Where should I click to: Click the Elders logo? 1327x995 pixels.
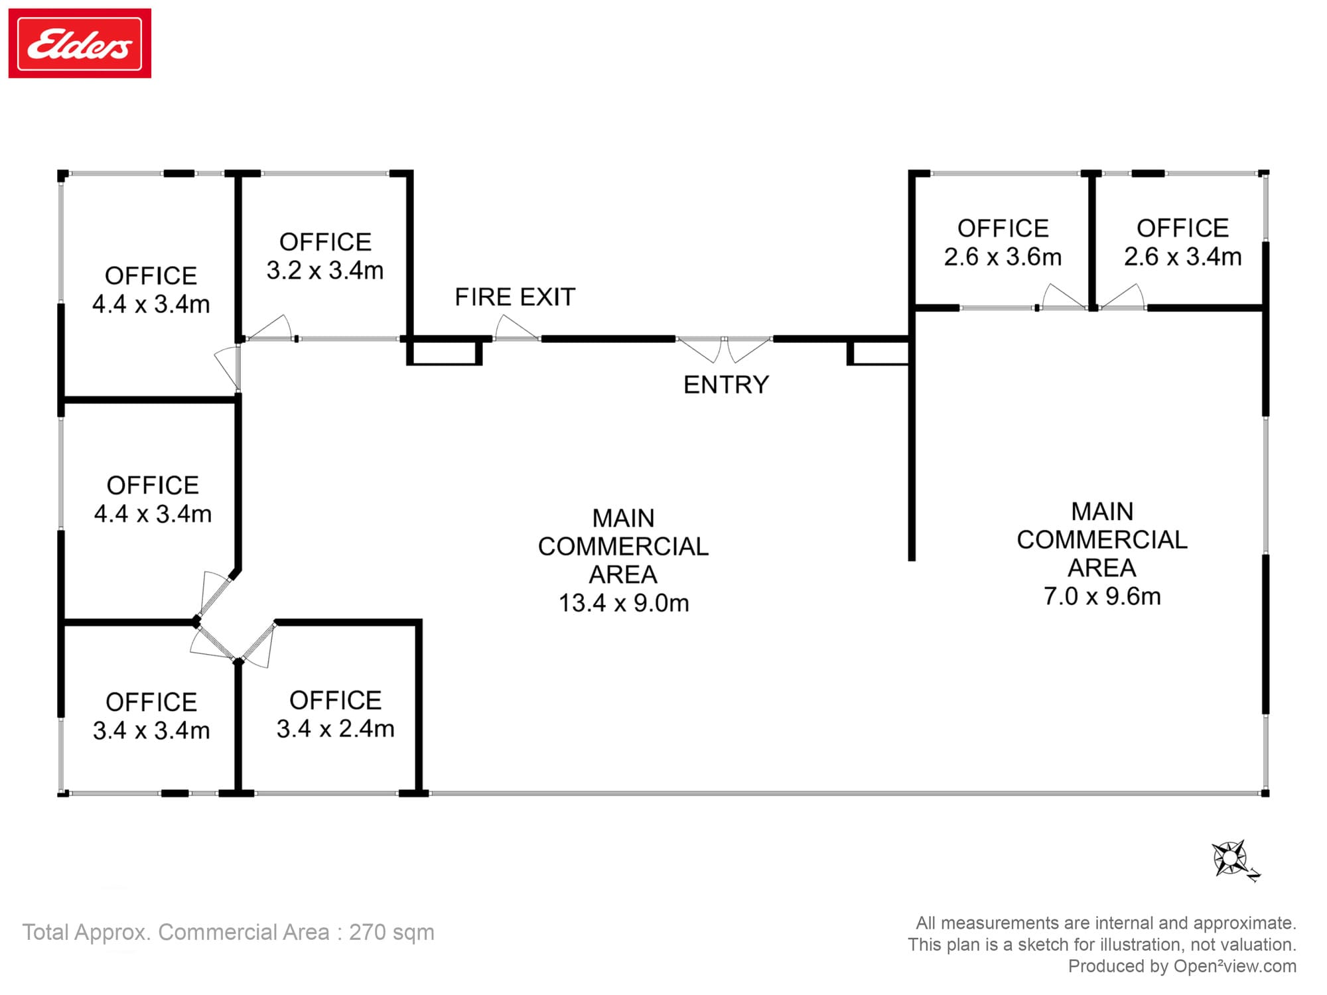[x=80, y=43]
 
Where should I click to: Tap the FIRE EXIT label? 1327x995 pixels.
[x=515, y=297]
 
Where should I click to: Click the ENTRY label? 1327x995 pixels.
[x=727, y=385]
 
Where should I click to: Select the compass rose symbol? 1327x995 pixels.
[x=1235, y=860]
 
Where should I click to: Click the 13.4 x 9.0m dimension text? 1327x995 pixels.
[x=624, y=603]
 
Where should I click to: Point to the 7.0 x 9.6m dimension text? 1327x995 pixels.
[x=1102, y=596]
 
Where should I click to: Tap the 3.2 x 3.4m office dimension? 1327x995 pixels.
[x=325, y=271]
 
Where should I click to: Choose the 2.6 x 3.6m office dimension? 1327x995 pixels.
[x=1003, y=257]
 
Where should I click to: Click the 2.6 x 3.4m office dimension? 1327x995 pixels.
[x=1182, y=257]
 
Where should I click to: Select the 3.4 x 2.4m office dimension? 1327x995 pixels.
[x=335, y=728]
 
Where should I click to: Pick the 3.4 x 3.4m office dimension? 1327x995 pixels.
[x=151, y=730]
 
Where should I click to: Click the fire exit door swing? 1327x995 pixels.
[x=516, y=328]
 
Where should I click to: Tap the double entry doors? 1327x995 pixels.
[x=725, y=350]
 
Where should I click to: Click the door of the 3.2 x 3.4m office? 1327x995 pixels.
[x=269, y=328]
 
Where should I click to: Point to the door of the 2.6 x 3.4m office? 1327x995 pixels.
[x=1122, y=297]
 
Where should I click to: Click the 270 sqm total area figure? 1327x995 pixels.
[x=391, y=932]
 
